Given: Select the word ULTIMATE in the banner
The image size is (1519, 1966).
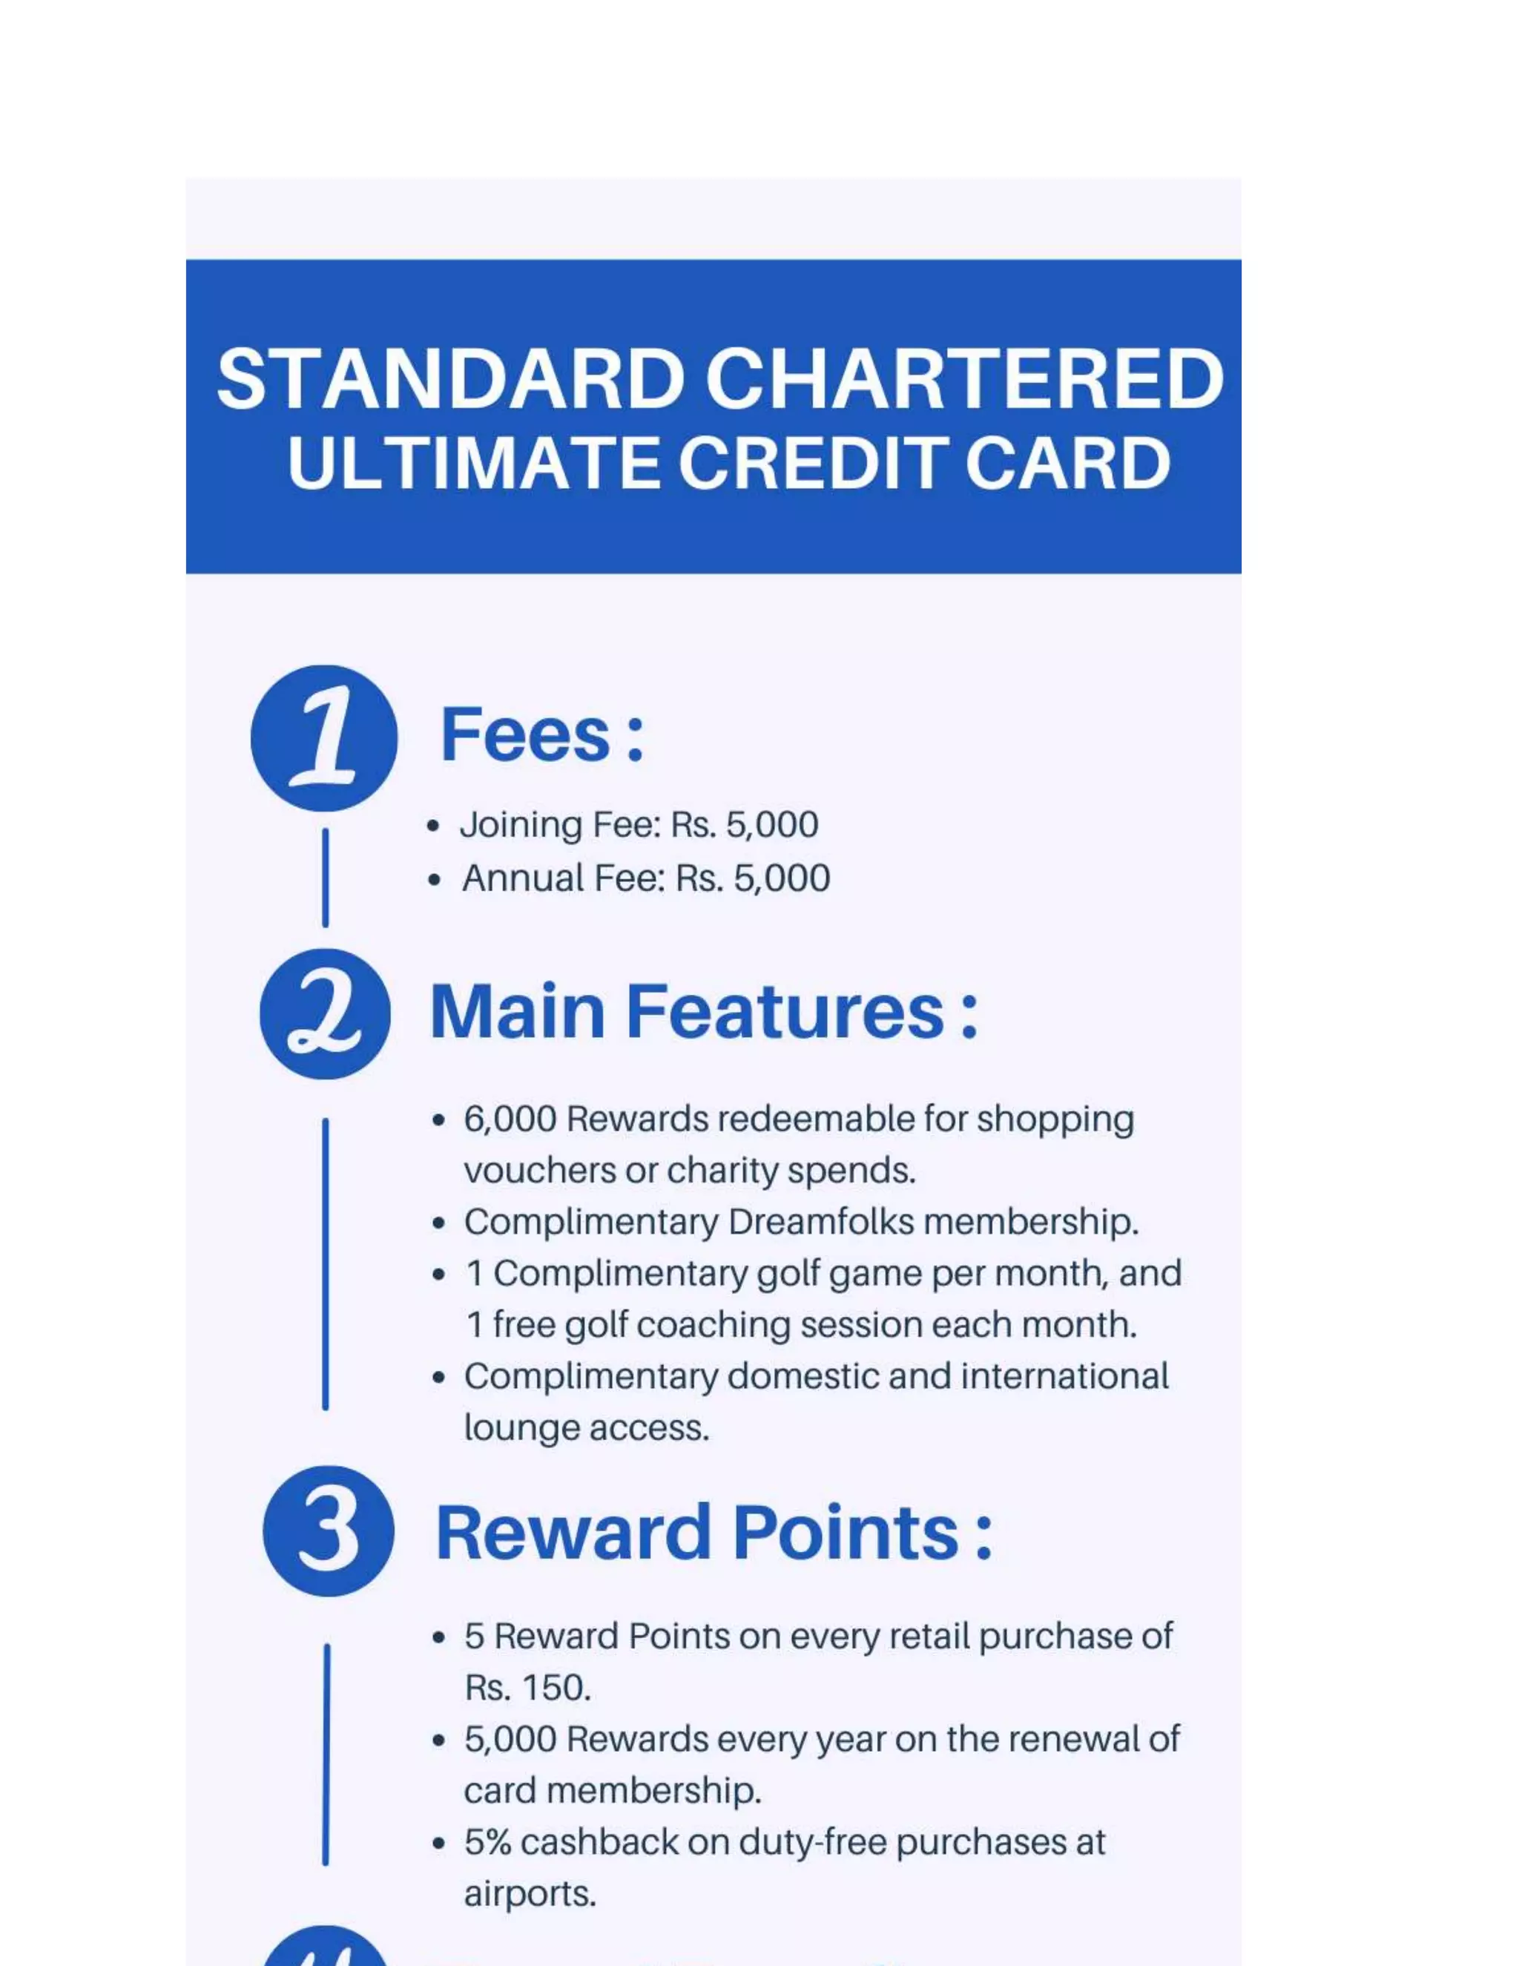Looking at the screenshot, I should [472, 464].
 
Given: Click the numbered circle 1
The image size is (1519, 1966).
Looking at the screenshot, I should [324, 738].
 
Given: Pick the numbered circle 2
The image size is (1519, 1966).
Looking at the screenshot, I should [325, 1013].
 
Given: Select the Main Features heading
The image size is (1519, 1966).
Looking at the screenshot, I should [703, 1012].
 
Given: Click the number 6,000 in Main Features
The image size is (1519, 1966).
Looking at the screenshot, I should [510, 1119].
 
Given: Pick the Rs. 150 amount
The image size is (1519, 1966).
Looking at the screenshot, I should [527, 1687].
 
